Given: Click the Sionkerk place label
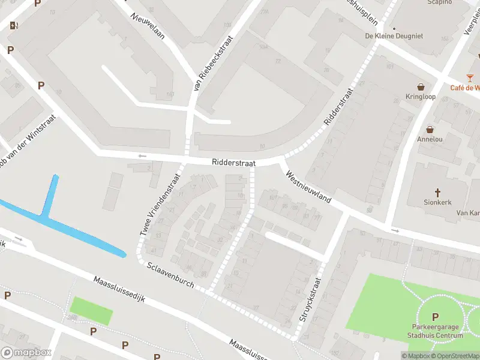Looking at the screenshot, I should [437, 202].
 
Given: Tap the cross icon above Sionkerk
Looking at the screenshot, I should [438, 193].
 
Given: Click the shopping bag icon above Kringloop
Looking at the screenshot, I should [421, 86].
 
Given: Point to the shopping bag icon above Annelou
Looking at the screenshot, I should [430, 129].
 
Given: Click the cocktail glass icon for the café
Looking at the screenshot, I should [470, 78].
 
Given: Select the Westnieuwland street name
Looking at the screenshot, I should [309, 187].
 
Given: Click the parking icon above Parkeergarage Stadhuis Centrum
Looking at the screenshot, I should [435, 317].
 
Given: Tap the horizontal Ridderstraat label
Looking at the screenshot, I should [233, 163].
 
